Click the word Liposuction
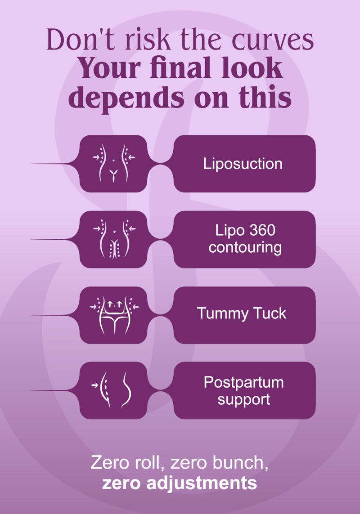(243, 164)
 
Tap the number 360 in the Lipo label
(259, 230)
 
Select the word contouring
(245, 248)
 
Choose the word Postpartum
(243, 383)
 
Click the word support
(244, 400)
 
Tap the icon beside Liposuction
(113, 163)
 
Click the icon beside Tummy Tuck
(114, 315)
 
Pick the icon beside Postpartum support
(111, 390)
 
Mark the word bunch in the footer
(238, 463)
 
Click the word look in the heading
(252, 68)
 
